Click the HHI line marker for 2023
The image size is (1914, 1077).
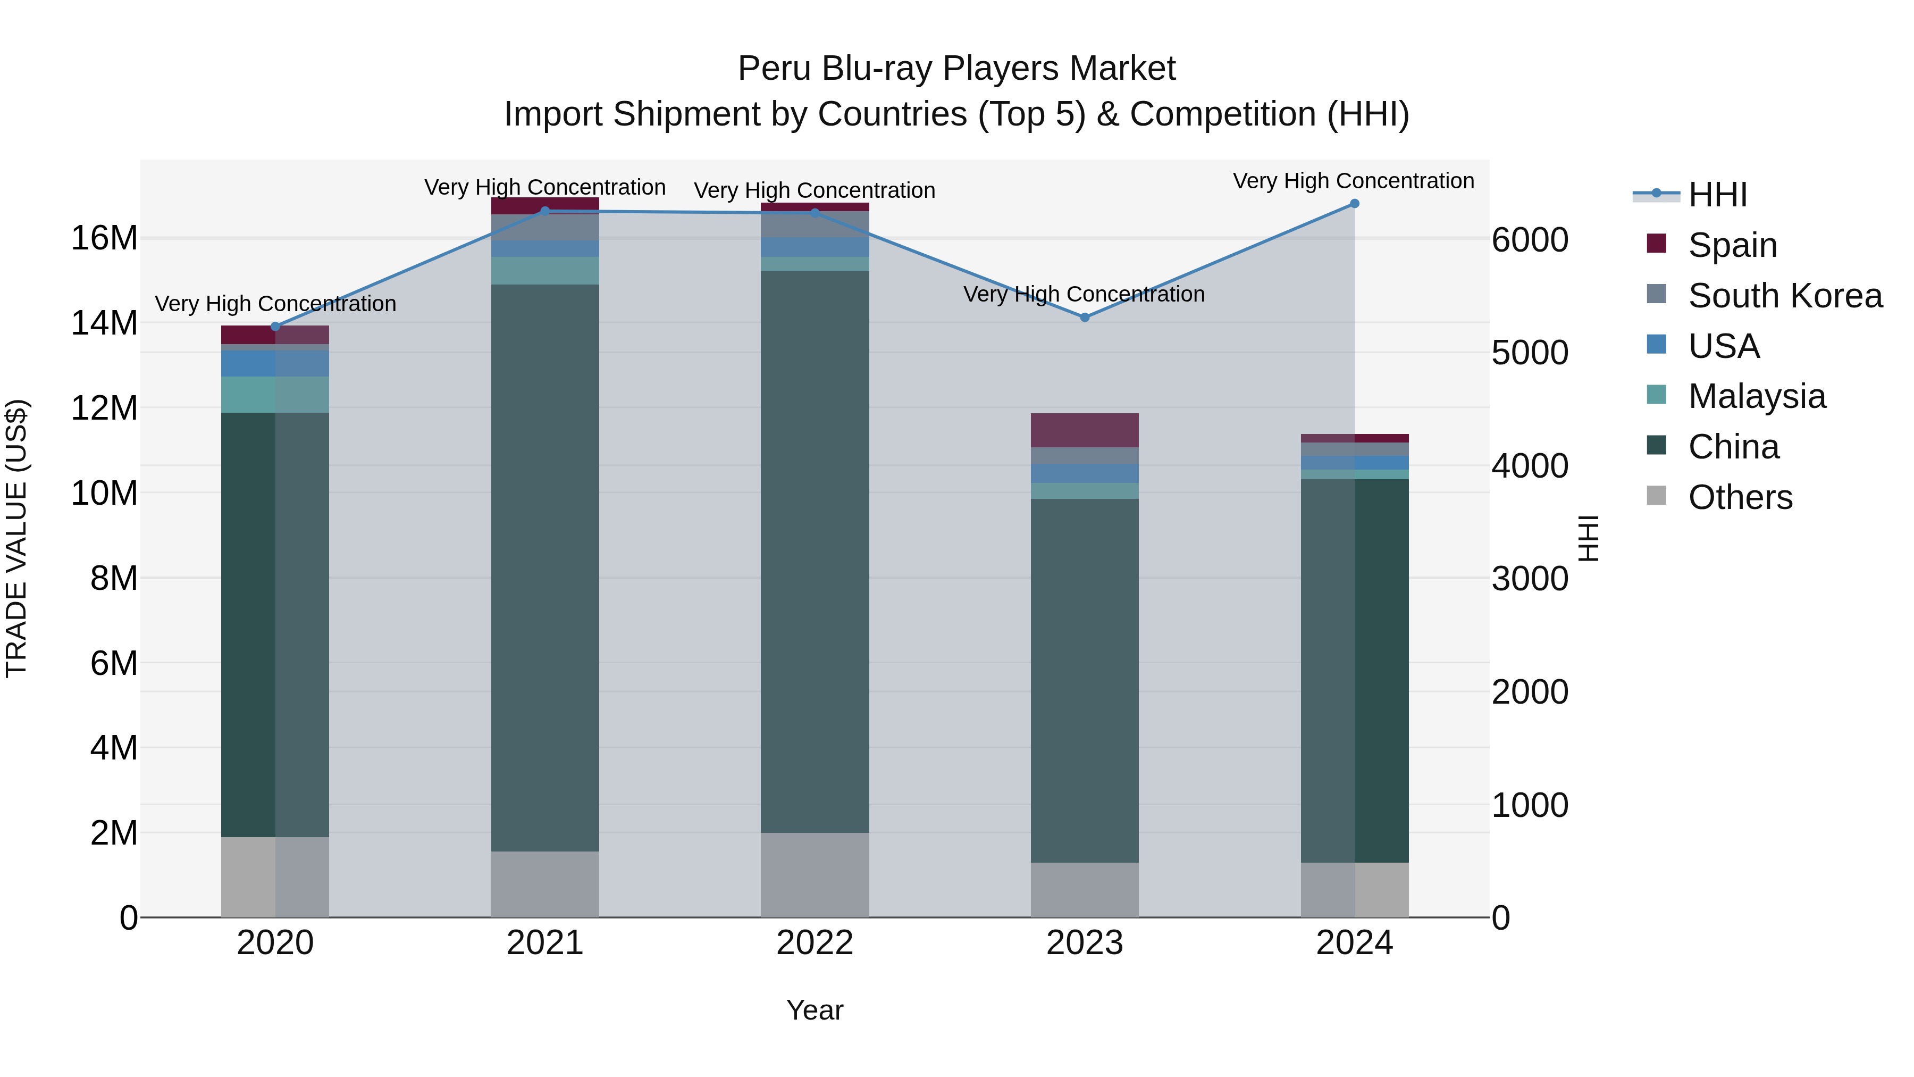pos(1084,318)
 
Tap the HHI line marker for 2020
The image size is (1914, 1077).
pos(275,327)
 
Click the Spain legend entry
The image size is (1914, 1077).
pos(1731,245)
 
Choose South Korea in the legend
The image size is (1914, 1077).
pos(1784,296)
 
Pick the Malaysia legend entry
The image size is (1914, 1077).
pos(1756,396)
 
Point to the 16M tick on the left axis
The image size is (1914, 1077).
pos(104,239)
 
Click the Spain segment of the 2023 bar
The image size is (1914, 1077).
pos(1084,430)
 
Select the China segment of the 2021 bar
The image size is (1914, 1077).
pos(544,565)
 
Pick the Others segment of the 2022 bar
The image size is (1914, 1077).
pos(815,875)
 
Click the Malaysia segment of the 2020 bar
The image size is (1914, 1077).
pos(275,395)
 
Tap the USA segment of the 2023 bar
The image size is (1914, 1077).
pos(1084,473)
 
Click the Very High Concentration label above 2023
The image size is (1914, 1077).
pos(1084,294)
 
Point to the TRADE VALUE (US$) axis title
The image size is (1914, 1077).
pos(16,538)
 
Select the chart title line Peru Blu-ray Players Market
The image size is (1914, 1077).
pos(956,69)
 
